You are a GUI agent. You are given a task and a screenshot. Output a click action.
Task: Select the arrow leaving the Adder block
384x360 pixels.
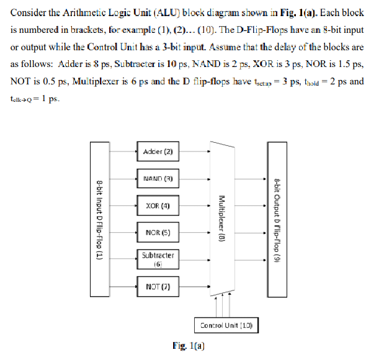pyautogui.click(x=192, y=150)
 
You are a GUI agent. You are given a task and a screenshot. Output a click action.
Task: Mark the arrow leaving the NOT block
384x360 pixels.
pyautogui.click(x=192, y=287)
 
